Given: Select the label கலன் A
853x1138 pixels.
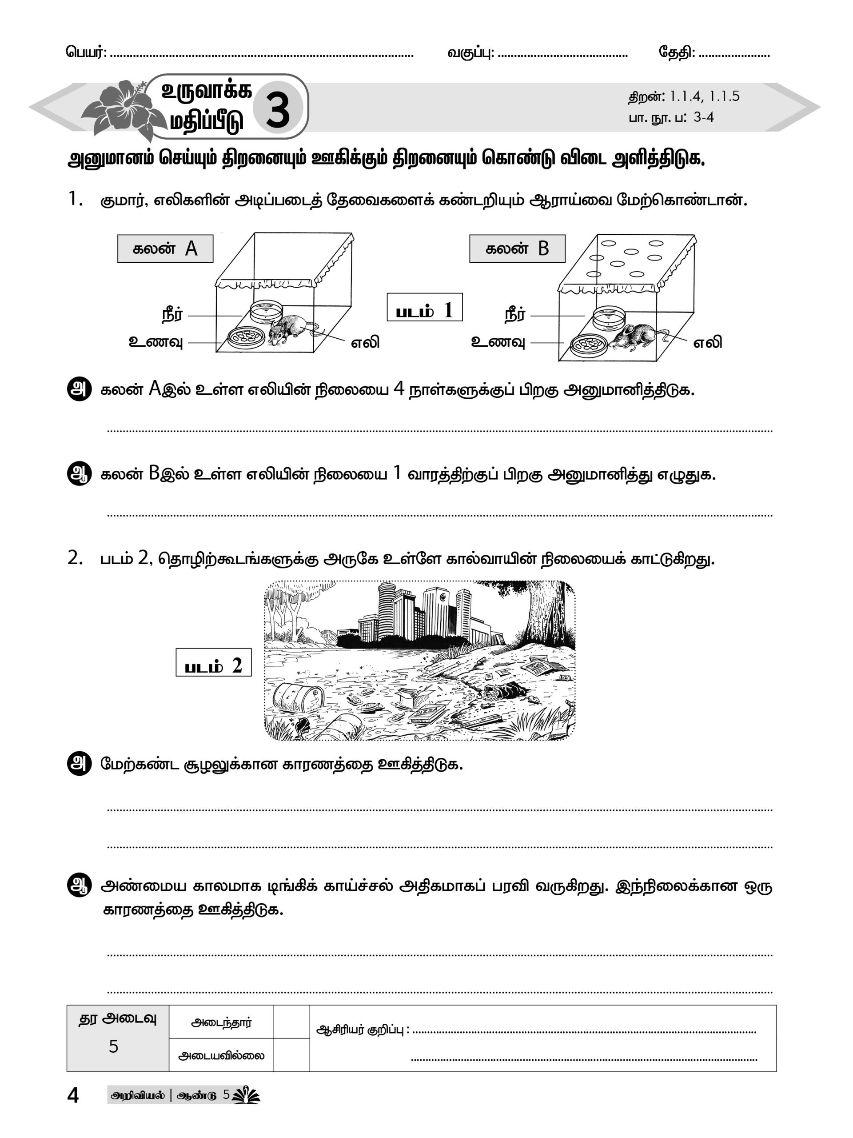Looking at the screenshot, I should [165, 249].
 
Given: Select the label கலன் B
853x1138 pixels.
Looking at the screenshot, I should [517, 249].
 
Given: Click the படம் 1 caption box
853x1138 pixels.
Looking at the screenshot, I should [424, 308].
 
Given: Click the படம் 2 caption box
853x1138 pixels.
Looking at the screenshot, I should [213, 663].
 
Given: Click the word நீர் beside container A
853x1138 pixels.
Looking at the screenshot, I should [172, 314].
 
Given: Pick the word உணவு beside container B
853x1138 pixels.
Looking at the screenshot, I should [498, 341].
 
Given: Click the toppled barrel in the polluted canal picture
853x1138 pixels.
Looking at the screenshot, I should [297, 697].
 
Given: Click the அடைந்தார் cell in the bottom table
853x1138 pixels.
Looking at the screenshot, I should [221, 1023].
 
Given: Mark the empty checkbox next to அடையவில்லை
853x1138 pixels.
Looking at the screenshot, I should [291, 1055].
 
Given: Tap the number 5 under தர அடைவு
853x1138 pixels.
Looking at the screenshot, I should [114, 1046].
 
